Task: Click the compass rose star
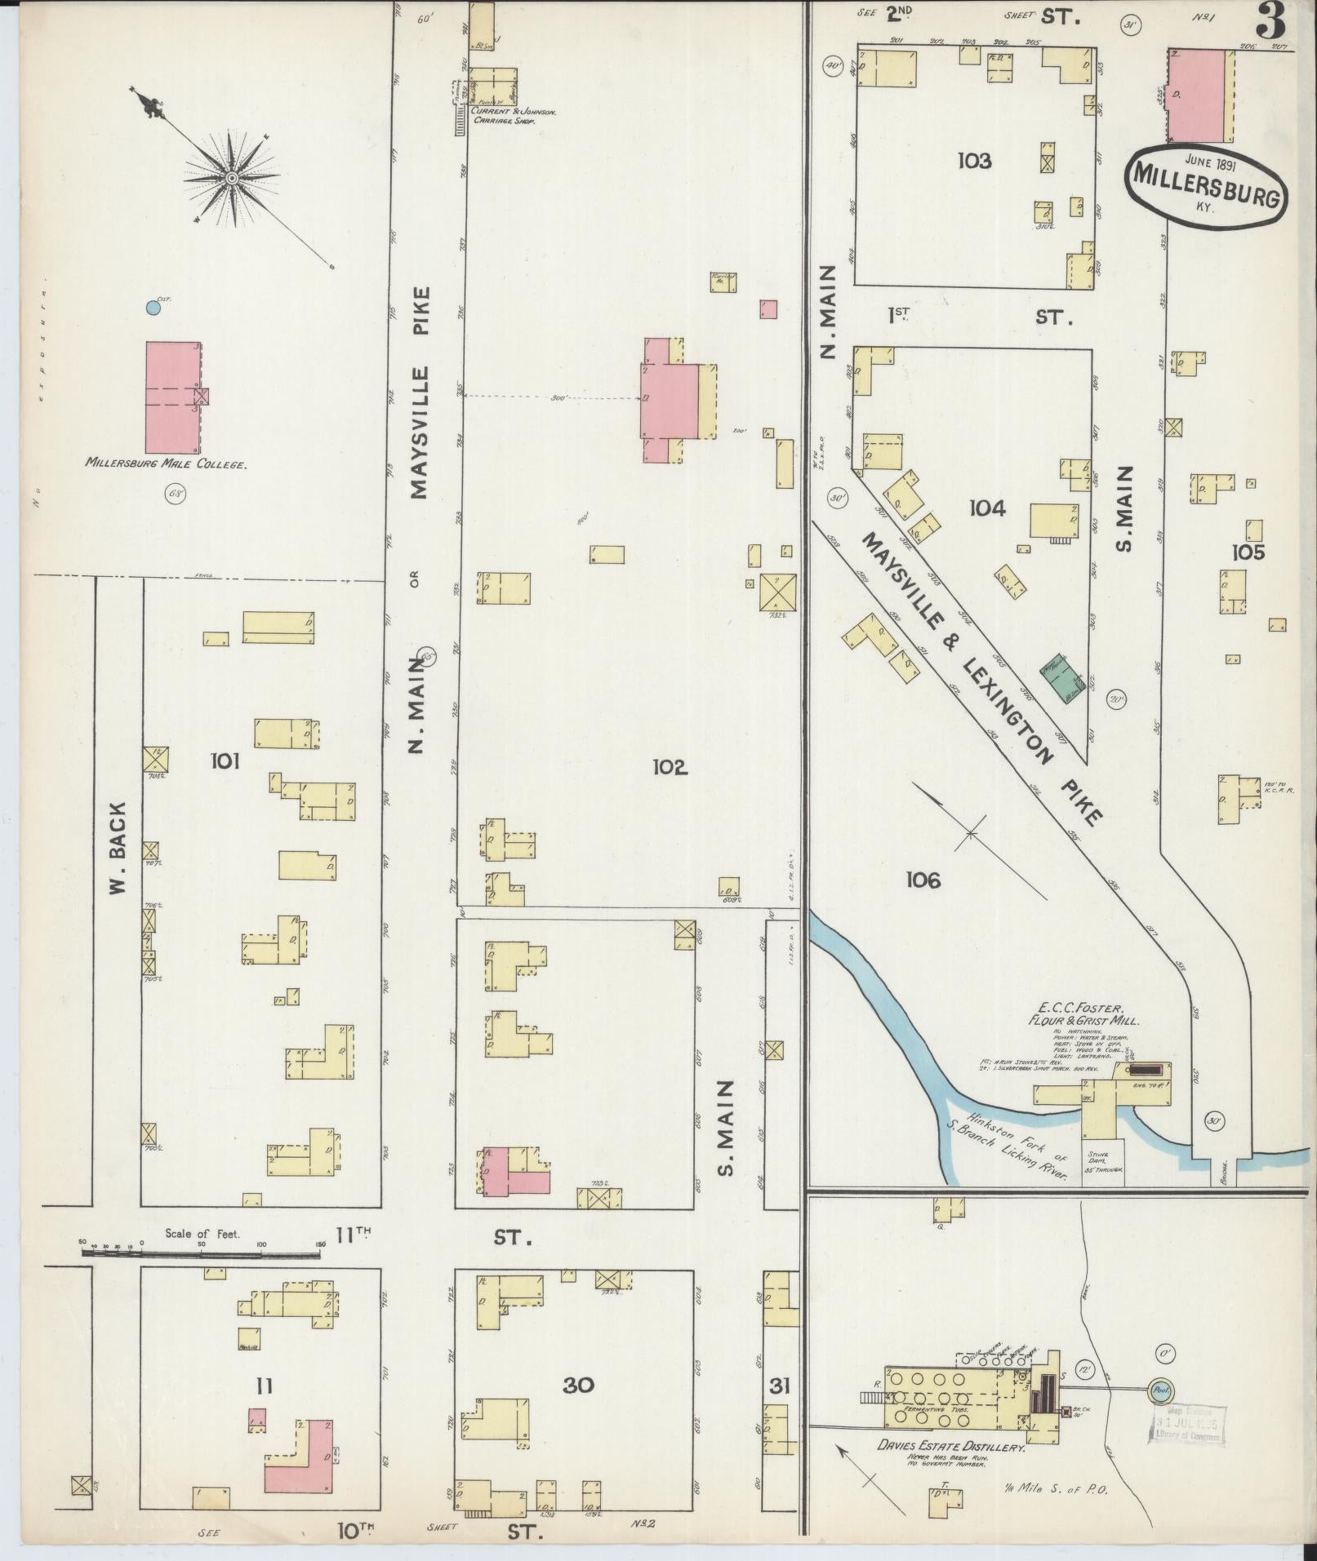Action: [232, 178]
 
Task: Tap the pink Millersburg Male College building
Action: [172, 397]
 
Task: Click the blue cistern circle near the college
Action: [152, 308]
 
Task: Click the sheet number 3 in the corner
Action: [1270, 20]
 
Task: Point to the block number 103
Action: [975, 161]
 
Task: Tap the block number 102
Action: [670, 767]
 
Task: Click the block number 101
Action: [225, 761]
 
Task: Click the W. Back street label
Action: [119, 849]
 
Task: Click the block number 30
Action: [578, 1385]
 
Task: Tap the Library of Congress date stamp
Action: [1186, 1426]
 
